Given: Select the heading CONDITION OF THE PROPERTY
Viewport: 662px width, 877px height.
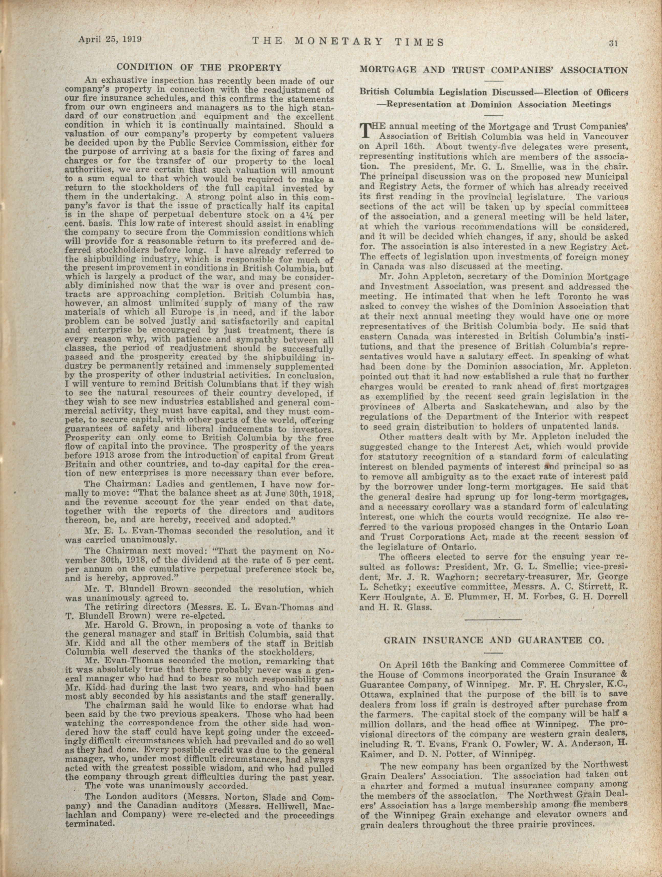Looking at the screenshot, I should (199, 67).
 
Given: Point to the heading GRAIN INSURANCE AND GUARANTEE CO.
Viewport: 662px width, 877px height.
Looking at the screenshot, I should (494, 640).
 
